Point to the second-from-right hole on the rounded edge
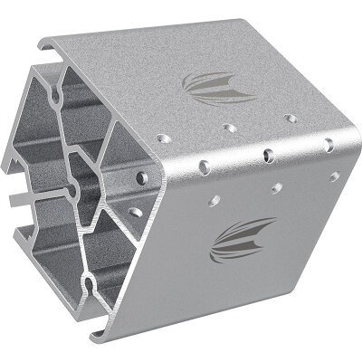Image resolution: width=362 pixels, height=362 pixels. [x=269, y=153]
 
